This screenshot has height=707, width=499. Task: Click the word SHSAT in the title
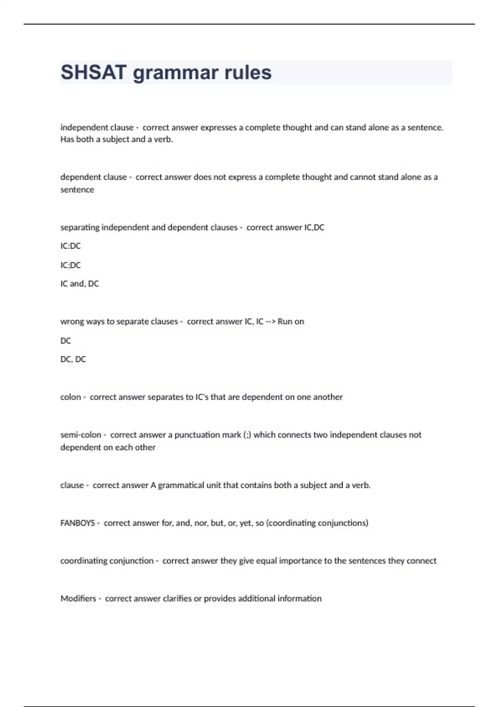pyautogui.click(x=94, y=72)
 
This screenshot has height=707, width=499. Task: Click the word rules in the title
pyautogui.click(x=248, y=72)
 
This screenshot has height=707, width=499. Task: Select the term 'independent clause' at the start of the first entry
pyautogui.click(x=97, y=127)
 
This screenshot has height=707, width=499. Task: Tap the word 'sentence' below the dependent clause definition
pyautogui.click(x=77, y=190)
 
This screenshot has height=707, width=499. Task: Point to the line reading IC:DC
pyautogui.click(x=70, y=246)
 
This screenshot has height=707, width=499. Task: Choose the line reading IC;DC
pyautogui.click(x=70, y=265)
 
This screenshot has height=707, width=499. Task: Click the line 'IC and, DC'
pyautogui.click(x=79, y=284)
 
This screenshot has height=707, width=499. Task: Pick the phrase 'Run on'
pyautogui.click(x=291, y=321)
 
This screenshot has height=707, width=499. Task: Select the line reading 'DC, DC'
pyautogui.click(x=73, y=359)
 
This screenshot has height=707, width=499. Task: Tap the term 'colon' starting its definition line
pyautogui.click(x=71, y=397)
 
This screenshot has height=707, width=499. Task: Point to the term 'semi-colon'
pyautogui.click(x=81, y=435)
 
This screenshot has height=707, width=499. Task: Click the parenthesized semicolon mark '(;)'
pyautogui.click(x=247, y=435)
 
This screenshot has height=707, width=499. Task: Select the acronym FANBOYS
pyautogui.click(x=78, y=523)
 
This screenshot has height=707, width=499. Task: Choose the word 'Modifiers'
pyautogui.click(x=78, y=598)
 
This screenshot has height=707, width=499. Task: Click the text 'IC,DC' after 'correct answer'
pyautogui.click(x=314, y=227)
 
